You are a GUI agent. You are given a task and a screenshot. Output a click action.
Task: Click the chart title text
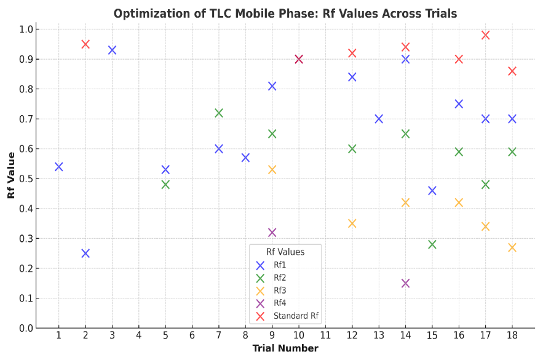click(x=285, y=14)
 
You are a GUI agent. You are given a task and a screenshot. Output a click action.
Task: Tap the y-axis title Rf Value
click(x=11, y=176)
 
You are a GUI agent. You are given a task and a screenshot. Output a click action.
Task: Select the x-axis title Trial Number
click(x=285, y=349)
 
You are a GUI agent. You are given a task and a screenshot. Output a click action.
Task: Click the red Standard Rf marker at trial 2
click(x=85, y=44)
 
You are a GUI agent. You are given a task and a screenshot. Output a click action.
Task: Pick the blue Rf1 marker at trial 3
click(x=112, y=50)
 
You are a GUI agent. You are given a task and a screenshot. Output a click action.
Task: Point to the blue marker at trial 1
click(x=59, y=167)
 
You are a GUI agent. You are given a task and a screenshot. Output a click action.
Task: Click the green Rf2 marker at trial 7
click(x=219, y=113)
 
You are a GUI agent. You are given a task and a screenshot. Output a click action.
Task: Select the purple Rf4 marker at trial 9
click(x=272, y=233)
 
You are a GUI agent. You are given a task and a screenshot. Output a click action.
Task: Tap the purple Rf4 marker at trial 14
click(x=405, y=284)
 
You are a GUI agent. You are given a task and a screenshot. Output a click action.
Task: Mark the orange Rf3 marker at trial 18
click(x=512, y=247)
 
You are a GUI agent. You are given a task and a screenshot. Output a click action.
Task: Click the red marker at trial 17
click(x=485, y=35)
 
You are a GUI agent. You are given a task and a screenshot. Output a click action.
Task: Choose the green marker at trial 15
click(x=432, y=244)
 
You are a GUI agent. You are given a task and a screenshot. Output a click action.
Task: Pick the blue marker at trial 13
click(x=379, y=119)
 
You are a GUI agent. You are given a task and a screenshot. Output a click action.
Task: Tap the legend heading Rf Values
click(x=285, y=252)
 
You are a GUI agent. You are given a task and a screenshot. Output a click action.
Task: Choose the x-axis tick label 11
click(x=325, y=335)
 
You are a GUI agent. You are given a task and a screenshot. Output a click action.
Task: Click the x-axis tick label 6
click(x=192, y=335)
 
